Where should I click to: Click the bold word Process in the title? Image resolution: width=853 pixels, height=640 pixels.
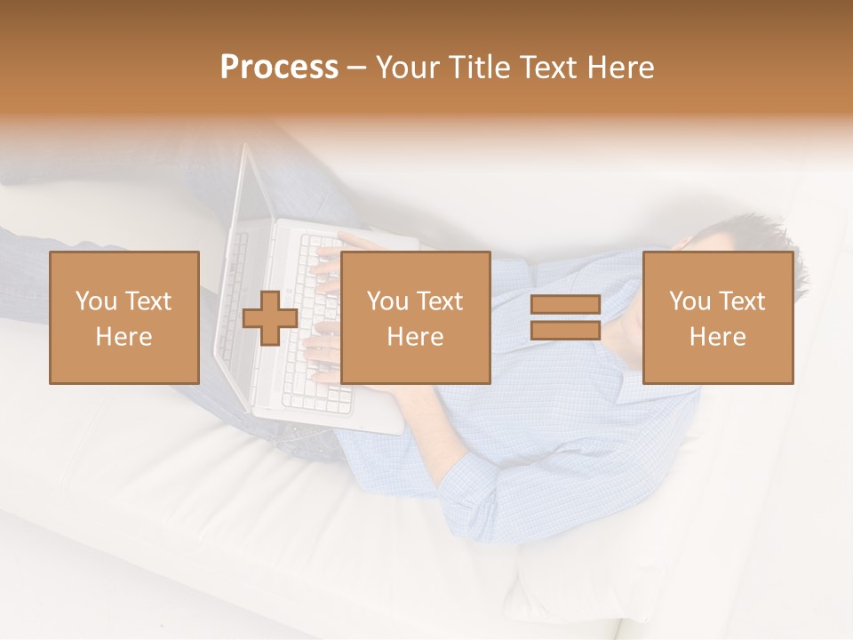pyautogui.click(x=279, y=68)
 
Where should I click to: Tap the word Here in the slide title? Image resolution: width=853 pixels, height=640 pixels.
pyautogui.click(x=619, y=68)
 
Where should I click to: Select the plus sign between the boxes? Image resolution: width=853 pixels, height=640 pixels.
pyautogui.click(x=270, y=318)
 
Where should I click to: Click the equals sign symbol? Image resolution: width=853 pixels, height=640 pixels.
pyautogui.click(x=565, y=318)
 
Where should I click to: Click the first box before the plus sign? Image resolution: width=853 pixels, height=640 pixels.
pyautogui.click(x=124, y=317)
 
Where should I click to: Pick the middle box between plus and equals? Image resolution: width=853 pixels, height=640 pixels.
pyautogui.click(x=415, y=317)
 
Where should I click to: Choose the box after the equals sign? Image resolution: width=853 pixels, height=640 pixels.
pyautogui.click(x=717, y=317)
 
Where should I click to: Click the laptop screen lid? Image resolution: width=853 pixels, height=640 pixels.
pyautogui.click(x=233, y=267)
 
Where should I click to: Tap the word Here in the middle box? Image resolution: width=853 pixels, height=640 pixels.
pyautogui.click(x=415, y=337)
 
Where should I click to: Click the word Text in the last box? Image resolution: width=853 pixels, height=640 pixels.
pyautogui.click(x=743, y=301)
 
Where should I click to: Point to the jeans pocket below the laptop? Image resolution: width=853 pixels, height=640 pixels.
pyautogui.click(x=307, y=436)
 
